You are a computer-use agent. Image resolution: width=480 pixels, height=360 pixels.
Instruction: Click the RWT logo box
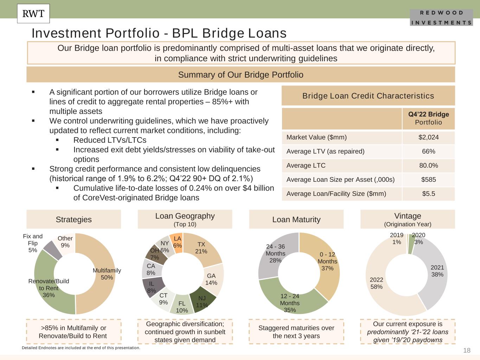pos(33,14)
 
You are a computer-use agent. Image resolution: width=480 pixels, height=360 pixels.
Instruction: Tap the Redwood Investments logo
pos(441,18)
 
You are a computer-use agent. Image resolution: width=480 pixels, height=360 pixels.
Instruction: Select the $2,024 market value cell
pos(428,137)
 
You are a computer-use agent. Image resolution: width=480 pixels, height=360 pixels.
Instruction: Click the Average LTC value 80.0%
pos(428,166)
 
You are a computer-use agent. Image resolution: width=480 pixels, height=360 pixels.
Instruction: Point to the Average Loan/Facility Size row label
pos(336,194)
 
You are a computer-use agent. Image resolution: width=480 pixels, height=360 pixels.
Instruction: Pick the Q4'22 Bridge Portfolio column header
pos(428,118)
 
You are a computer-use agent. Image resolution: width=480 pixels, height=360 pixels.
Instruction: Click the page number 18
pos(467,350)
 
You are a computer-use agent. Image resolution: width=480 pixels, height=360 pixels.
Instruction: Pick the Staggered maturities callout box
pos(296,332)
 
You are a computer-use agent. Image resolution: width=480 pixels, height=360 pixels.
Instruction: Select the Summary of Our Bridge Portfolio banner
pos(241,75)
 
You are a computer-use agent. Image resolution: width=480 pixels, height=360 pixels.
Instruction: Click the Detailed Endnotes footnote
pos(81,348)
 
